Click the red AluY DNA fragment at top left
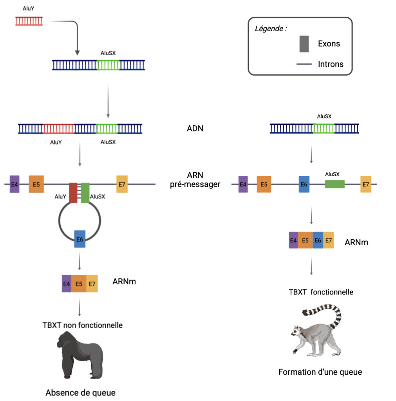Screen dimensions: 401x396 pos(29,21)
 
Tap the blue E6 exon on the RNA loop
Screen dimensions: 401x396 pos(80,239)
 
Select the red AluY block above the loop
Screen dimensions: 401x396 pos(73,193)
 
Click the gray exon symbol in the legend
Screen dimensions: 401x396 pos(304,44)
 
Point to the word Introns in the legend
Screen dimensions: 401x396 pos(331,64)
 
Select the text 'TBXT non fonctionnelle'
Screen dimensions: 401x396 pos(83,325)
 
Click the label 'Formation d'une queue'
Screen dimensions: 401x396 pos(320,372)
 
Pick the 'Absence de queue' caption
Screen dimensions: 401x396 pos(81,392)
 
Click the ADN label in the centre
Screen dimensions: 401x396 pos(195,128)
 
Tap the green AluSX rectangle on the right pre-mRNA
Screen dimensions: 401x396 pos(335,184)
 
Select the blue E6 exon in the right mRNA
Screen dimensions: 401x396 pos(318,240)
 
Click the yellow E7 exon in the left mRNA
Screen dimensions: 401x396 pos(92,284)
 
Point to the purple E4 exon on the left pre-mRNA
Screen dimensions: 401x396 pos(14,184)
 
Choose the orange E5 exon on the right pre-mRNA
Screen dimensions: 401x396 pos(264,184)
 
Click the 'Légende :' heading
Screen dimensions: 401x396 pos(271,29)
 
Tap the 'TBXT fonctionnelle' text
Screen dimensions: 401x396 pos(321,292)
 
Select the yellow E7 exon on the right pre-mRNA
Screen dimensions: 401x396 pos(366,184)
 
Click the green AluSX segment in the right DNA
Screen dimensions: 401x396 pos(324,128)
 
